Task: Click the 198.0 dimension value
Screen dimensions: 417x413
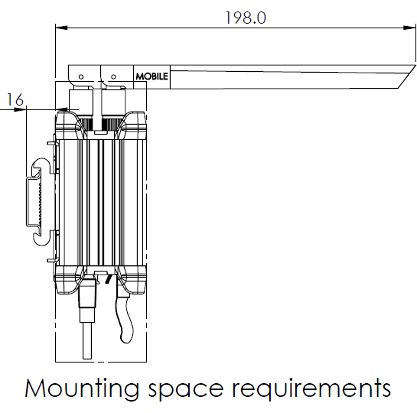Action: [x=246, y=18]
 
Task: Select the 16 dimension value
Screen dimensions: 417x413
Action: [x=15, y=100]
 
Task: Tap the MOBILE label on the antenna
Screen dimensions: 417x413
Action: [x=151, y=76]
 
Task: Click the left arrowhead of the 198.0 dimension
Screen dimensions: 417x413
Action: [x=61, y=28]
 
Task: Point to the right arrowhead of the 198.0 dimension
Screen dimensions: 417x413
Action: [x=409, y=28]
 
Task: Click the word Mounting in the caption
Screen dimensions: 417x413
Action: [x=82, y=389]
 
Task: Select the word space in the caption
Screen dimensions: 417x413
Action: [x=186, y=390]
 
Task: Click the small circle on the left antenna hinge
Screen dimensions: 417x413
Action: [x=81, y=76]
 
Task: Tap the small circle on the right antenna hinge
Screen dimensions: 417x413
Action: [x=113, y=76]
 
